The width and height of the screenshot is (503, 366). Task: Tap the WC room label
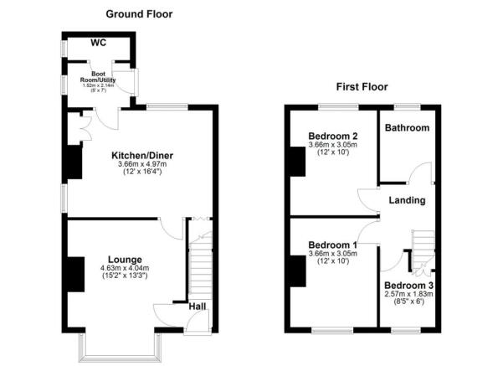[x=97, y=43]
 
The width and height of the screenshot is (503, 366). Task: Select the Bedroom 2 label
[x=332, y=137]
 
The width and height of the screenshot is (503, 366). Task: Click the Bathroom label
[x=407, y=128]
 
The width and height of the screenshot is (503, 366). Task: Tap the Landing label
[x=407, y=200]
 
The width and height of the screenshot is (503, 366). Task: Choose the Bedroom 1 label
[x=332, y=245]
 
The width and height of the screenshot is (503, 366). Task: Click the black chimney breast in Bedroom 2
[x=296, y=161]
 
